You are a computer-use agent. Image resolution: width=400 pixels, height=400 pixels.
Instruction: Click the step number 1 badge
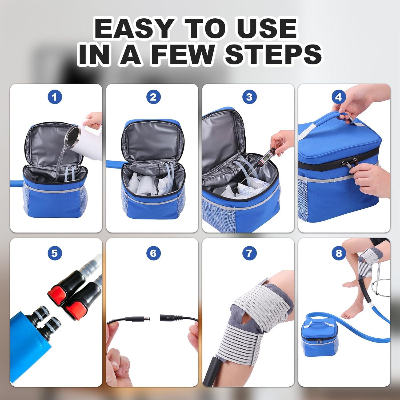[x=55, y=97]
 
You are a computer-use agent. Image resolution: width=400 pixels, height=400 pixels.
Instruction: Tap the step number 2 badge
[x=153, y=97]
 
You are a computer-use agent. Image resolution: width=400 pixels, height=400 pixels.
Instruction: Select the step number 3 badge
[x=249, y=97]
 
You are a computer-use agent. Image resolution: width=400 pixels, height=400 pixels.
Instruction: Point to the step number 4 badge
[x=338, y=97]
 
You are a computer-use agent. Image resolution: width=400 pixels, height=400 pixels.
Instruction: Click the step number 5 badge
[x=55, y=253]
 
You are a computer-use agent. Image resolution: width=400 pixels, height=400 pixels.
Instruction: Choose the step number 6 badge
[x=153, y=253]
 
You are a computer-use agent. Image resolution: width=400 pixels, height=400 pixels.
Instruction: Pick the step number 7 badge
[x=249, y=253]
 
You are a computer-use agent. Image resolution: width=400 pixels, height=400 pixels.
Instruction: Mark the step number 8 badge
[x=338, y=253]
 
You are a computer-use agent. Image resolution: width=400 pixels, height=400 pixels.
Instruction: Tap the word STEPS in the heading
[x=273, y=54]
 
